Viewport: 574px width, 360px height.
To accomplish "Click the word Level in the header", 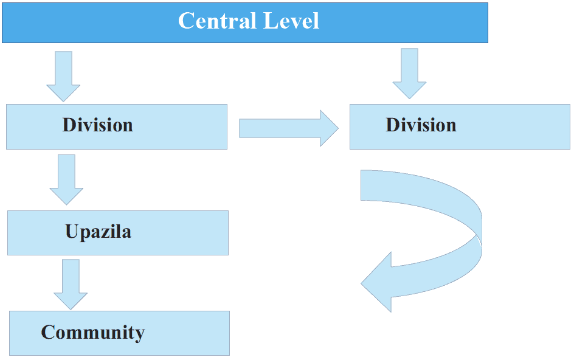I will (291, 21).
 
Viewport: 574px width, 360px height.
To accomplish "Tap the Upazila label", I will (98, 232).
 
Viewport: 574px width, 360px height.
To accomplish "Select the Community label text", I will (93, 333).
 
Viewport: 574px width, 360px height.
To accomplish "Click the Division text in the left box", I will (97, 125).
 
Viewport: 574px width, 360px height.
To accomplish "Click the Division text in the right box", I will (421, 125).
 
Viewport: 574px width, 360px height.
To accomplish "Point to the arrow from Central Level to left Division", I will (63, 76).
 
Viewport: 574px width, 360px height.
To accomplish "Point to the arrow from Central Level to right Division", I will (409, 74).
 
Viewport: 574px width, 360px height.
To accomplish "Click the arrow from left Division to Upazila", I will (66, 179).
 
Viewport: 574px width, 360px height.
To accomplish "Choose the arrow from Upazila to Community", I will (71, 284).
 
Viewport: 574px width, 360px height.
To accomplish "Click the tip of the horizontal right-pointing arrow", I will (336, 128).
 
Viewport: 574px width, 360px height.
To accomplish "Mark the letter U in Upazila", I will (72, 232).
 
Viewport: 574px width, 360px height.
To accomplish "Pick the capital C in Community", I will (49, 333).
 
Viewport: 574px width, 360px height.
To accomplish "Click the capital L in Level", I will (270, 21).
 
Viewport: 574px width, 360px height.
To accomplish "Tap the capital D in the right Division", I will (393, 125).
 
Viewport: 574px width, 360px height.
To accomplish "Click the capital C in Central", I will (186, 21).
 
